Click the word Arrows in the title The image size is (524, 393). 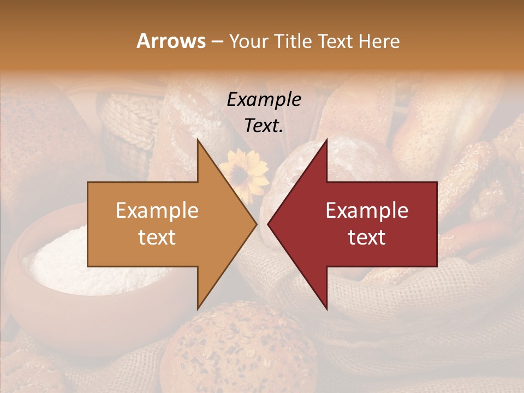tap(171, 41)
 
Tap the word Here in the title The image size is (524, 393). tap(379, 41)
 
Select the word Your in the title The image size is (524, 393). tap(247, 41)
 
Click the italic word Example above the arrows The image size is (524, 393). tap(264, 100)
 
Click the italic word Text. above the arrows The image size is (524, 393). tap(264, 126)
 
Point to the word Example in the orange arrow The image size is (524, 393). tap(157, 211)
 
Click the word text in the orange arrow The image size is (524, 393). tap(157, 237)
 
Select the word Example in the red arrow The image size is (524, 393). tap(367, 211)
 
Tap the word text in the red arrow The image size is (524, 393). tap(367, 237)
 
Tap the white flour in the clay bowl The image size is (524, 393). tap(60, 257)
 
